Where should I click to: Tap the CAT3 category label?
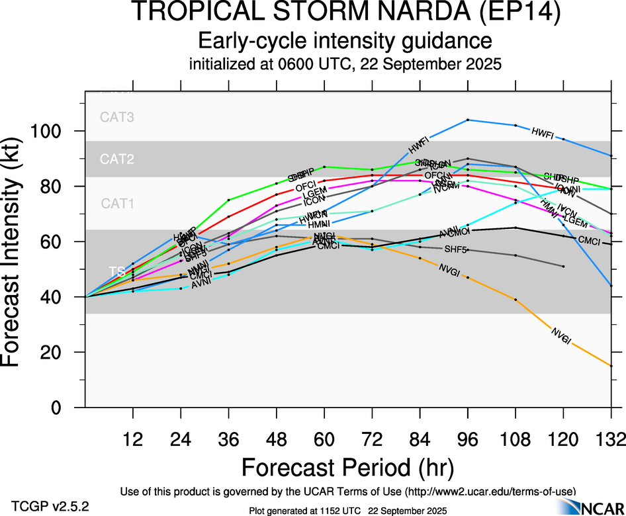pos(117,118)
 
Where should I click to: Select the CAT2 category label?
pos(117,159)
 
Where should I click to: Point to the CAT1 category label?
pos(117,204)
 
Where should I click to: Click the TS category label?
pos(117,271)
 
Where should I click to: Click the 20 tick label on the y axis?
pos(58,353)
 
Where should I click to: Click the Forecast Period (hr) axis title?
pos(347,467)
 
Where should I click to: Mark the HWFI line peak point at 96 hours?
pos(468,120)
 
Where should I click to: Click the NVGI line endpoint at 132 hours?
pos(611,366)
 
